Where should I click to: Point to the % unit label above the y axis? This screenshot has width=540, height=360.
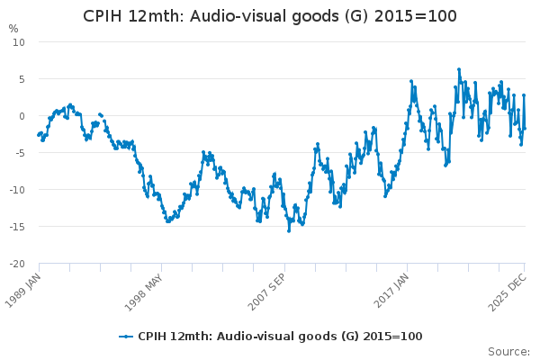[x=13, y=29]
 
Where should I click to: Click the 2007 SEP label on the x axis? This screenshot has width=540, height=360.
[x=267, y=290]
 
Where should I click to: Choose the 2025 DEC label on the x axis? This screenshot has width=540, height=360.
[x=506, y=290]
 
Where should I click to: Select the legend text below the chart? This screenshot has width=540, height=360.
[x=280, y=337]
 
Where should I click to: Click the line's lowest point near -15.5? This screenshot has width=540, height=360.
[x=289, y=230]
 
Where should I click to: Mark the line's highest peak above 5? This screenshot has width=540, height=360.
[x=458, y=69]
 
